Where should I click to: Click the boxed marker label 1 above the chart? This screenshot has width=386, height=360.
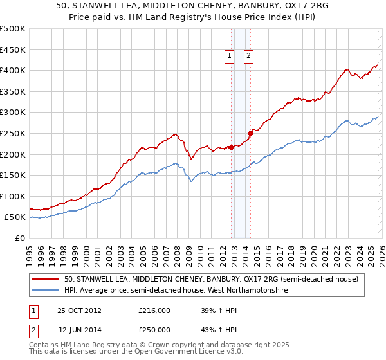coord(230,57)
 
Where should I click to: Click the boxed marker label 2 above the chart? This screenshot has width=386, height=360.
coord(248,57)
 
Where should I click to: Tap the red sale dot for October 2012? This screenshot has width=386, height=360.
coord(231,147)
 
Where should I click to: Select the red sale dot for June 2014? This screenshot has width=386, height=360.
coord(250,133)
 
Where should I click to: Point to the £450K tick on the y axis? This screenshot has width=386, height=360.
coord(12,50)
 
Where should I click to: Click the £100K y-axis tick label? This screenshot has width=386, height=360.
coord(12,196)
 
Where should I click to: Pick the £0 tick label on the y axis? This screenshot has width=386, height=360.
coord(18,238)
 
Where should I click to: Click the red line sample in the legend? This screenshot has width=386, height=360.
coord(46,279)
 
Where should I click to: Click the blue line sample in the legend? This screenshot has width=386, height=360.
coord(46,291)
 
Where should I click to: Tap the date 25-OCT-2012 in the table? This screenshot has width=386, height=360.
coord(79,310)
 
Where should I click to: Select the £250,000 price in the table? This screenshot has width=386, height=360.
coord(154,329)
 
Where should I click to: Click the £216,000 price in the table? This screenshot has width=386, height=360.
coord(154,310)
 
